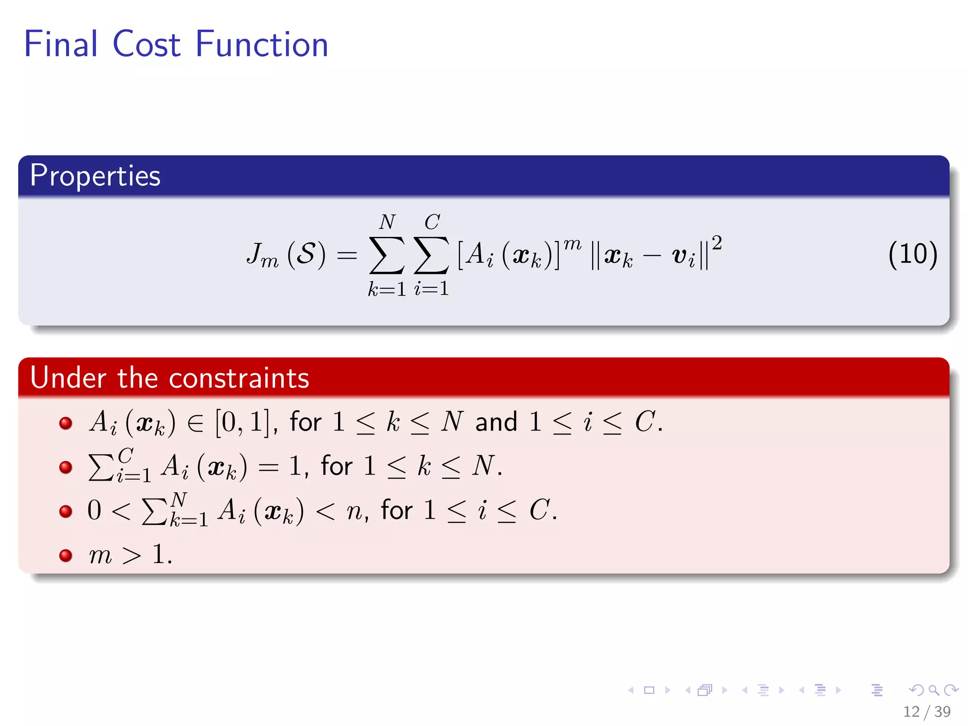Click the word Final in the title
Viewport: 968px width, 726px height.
coord(60,44)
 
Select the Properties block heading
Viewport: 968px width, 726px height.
coord(95,176)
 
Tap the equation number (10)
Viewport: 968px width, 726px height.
coord(912,255)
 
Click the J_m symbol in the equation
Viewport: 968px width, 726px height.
coord(261,256)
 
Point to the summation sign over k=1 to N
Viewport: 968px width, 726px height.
coord(387,255)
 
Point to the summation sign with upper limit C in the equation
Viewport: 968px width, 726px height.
coord(431,255)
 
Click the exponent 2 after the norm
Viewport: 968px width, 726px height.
coord(717,242)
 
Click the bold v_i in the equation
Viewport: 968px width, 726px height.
coord(683,257)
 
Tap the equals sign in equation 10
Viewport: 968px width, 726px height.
coord(346,256)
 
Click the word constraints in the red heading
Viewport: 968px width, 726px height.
coord(239,378)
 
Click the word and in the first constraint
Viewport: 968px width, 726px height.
coord(496,422)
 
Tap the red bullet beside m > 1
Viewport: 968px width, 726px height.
coord(66,555)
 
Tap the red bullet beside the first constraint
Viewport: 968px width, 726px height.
coord(66,423)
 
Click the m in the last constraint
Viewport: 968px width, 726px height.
coord(100,555)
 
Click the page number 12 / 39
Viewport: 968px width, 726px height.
coord(926,711)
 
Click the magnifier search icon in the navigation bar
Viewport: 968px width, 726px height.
coord(933,690)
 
